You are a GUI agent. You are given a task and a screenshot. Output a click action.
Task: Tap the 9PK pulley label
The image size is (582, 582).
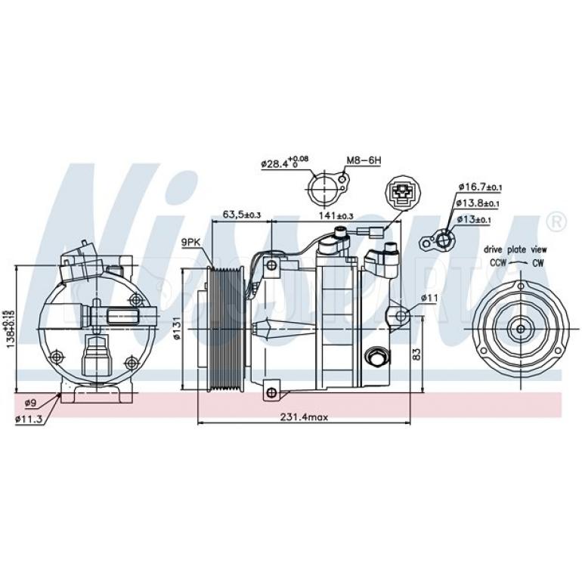tap(190, 242)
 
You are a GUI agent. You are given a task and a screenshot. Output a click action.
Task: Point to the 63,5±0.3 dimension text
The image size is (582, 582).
tap(241, 215)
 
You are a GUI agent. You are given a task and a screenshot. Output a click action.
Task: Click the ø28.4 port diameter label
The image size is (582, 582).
tap(284, 162)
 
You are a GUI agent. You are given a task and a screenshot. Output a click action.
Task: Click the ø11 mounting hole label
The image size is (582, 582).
tap(429, 297)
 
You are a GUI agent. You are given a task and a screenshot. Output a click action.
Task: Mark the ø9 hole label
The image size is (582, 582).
tap(31, 401)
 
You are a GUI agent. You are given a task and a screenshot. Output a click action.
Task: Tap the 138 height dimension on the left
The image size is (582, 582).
tap(9, 327)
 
